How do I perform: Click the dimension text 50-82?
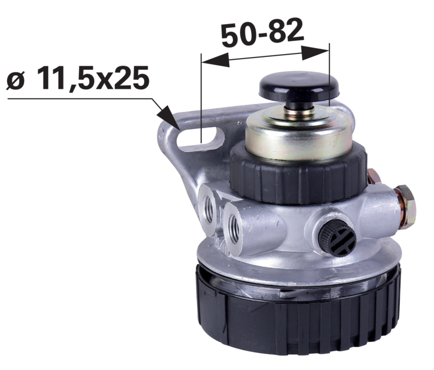pyautogui.click(x=262, y=33)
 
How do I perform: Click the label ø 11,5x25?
pyautogui.click(x=78, y=78)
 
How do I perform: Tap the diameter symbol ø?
pyautogui.click(x=15, y=80)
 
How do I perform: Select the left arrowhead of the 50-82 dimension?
pyautogui.click(x=215, y=60)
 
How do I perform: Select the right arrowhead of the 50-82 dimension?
pyautogui.click(x=316, y=52)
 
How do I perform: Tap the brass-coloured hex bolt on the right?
pyautogui.click(x=406, y=206)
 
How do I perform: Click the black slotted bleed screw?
pyautogui.click(x=337, y=238)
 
